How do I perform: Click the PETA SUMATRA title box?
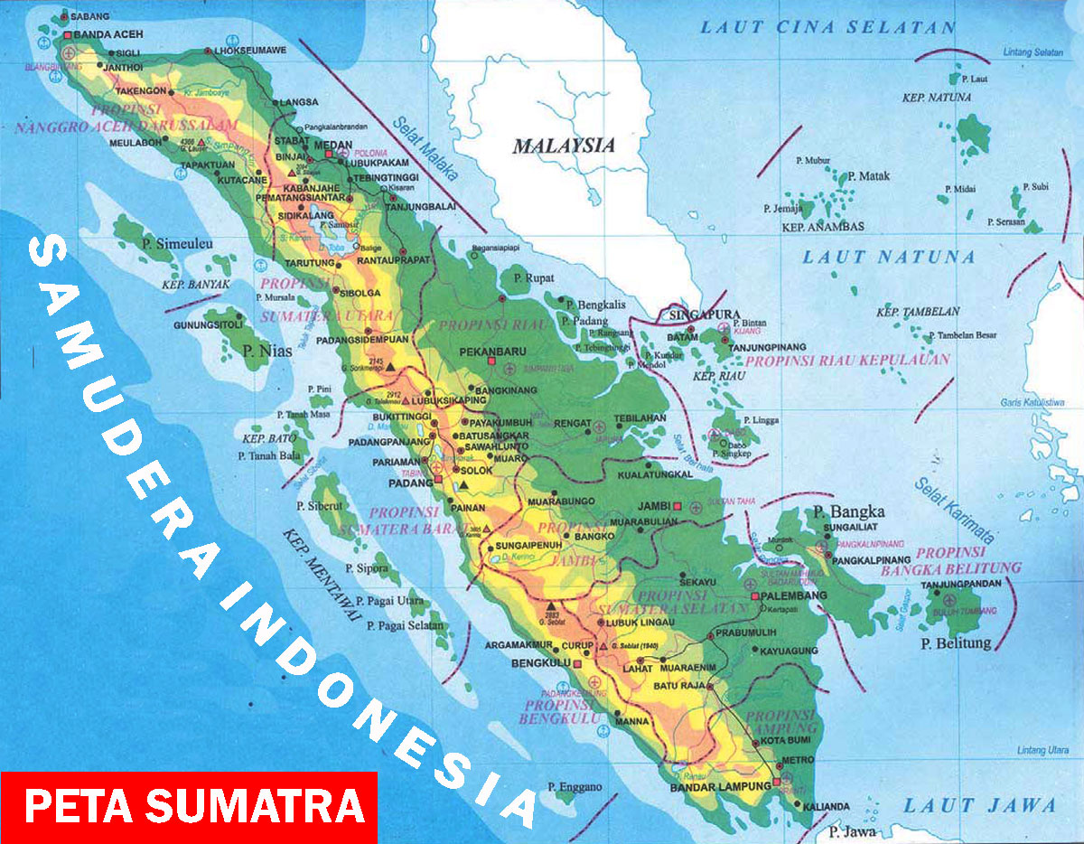188,807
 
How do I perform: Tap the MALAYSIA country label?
564,145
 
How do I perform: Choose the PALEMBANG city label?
797,596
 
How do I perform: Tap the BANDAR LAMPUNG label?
720,787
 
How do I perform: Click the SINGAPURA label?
699,314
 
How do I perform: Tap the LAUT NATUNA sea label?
889,258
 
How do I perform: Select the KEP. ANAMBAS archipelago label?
823,226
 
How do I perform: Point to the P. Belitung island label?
955,643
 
